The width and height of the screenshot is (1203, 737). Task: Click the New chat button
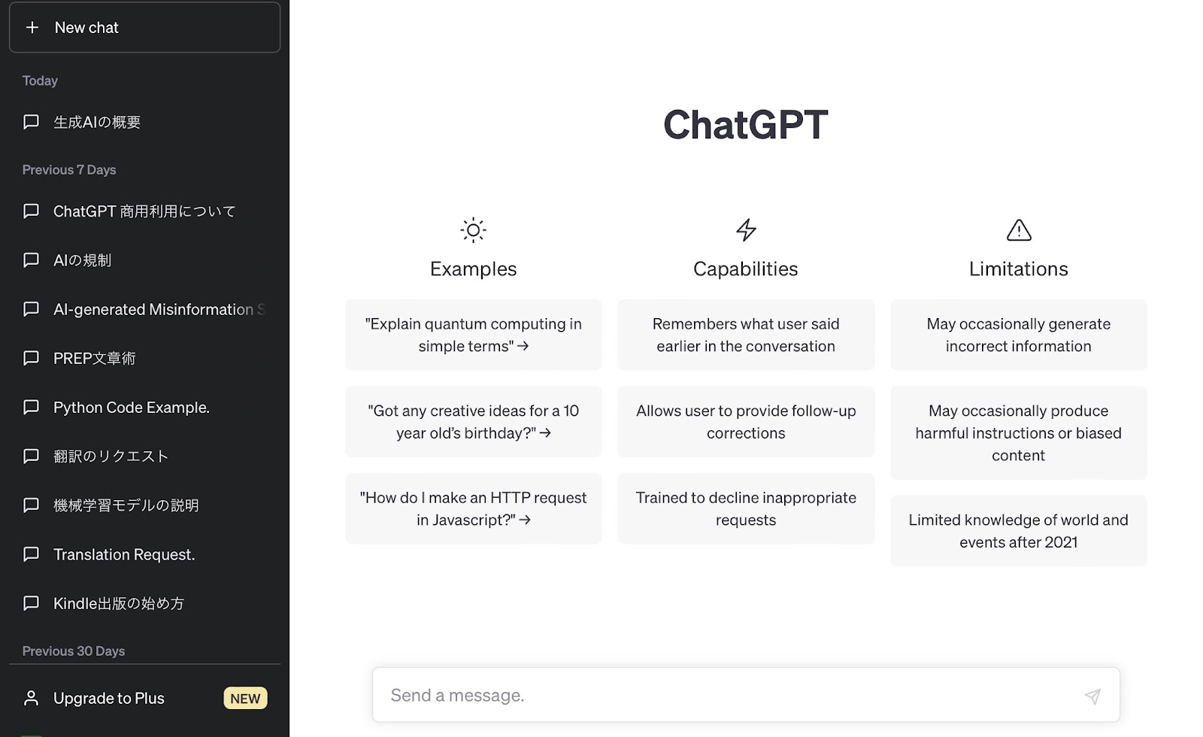point(144,27)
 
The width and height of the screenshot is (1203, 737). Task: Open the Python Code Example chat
point(131,407)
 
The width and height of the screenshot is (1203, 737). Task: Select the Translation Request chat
point(124,554)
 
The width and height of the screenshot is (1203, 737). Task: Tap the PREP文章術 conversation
point(95,358)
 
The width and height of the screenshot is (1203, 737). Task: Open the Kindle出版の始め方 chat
point(119,603)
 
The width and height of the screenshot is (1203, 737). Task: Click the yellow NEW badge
point(245,699)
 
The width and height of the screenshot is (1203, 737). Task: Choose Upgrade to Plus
point(109,699)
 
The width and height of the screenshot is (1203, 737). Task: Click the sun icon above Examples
point(473,230)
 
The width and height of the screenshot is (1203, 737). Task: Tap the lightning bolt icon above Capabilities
point(746,230)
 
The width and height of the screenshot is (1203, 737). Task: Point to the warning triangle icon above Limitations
point(1019,230)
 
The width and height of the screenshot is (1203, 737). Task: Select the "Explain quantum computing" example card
point(473,335)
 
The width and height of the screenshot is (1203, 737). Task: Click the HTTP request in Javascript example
point(473,508)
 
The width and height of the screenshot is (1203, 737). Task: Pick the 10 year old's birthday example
point(473,422)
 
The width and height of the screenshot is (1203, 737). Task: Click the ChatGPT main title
point(745,125)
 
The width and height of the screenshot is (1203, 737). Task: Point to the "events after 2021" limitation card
point(1019,531)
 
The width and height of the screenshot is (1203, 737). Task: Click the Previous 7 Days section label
point(69,170)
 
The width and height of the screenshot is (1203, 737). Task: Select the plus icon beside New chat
point(32,27)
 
